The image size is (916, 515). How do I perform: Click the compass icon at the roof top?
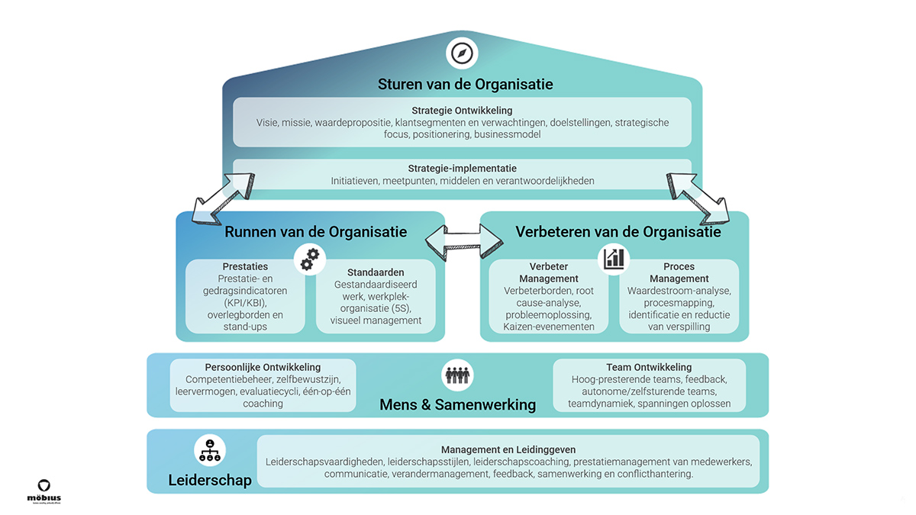(462, 54)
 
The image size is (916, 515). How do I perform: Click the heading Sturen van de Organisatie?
(466, 84)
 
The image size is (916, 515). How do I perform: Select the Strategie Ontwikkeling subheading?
(462, 110)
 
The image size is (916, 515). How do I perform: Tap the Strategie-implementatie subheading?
(462, 169)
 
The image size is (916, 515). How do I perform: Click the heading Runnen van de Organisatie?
(315, 232)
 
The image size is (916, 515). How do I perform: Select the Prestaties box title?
(245, 266)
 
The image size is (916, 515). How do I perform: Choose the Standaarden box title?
(376, 272)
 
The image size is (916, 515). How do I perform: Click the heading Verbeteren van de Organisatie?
(618, 232)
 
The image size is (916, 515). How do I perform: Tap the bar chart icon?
(613, 259)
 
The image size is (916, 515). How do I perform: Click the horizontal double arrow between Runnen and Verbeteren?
(463, 242)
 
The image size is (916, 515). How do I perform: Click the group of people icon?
(458, 375)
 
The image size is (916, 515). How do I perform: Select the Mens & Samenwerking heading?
(458, 404)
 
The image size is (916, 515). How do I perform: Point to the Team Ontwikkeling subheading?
(649, 367)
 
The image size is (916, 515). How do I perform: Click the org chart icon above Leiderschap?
(210, 451)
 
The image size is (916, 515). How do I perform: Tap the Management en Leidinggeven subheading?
(508, 449)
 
